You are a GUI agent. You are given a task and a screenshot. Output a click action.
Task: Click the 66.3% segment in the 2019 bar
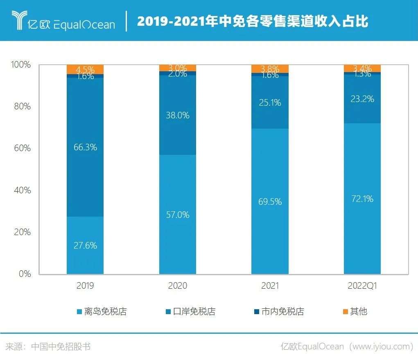(85, 147)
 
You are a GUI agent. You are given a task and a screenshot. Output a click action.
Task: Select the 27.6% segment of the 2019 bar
(85, 245)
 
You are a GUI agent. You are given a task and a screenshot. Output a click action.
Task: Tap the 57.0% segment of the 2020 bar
(178, 214)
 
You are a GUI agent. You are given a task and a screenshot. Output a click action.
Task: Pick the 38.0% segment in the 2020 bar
(178, 115)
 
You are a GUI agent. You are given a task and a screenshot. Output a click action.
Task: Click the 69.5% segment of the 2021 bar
(270, 201)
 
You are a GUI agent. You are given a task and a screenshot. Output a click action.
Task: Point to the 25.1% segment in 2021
(270, 102)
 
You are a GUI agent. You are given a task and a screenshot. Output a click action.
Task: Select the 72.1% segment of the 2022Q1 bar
(362, 199)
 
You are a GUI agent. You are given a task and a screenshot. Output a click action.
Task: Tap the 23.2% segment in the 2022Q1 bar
(362, 99)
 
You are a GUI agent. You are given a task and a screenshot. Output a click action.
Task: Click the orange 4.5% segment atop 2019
(85, 69)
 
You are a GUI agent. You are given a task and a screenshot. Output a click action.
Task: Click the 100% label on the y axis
(20, 65)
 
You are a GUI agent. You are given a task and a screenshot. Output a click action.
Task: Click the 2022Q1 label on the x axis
(362, 286)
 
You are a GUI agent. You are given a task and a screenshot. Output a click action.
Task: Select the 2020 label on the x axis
(178, 286)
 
